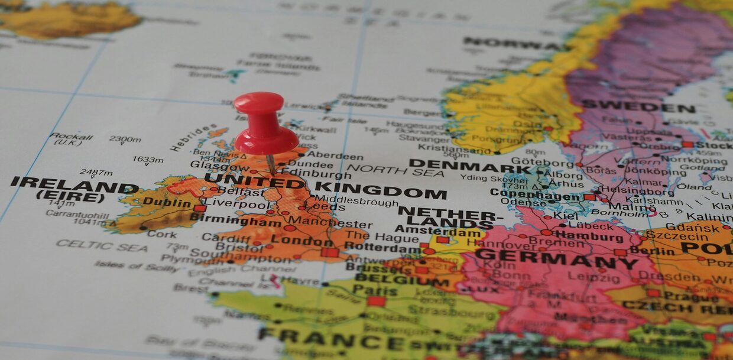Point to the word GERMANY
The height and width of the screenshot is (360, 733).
pos(556,258)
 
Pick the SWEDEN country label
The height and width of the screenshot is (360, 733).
pos(638,108)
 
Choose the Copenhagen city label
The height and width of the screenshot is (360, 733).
pos(535,194)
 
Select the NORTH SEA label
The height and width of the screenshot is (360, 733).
pos(395,171)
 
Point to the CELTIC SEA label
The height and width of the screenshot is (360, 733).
pos(102,245)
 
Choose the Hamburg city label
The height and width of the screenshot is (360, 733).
pos(589,237)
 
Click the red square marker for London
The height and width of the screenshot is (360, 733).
pos(330,252)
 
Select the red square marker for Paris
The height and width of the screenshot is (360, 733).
pos(376,301)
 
